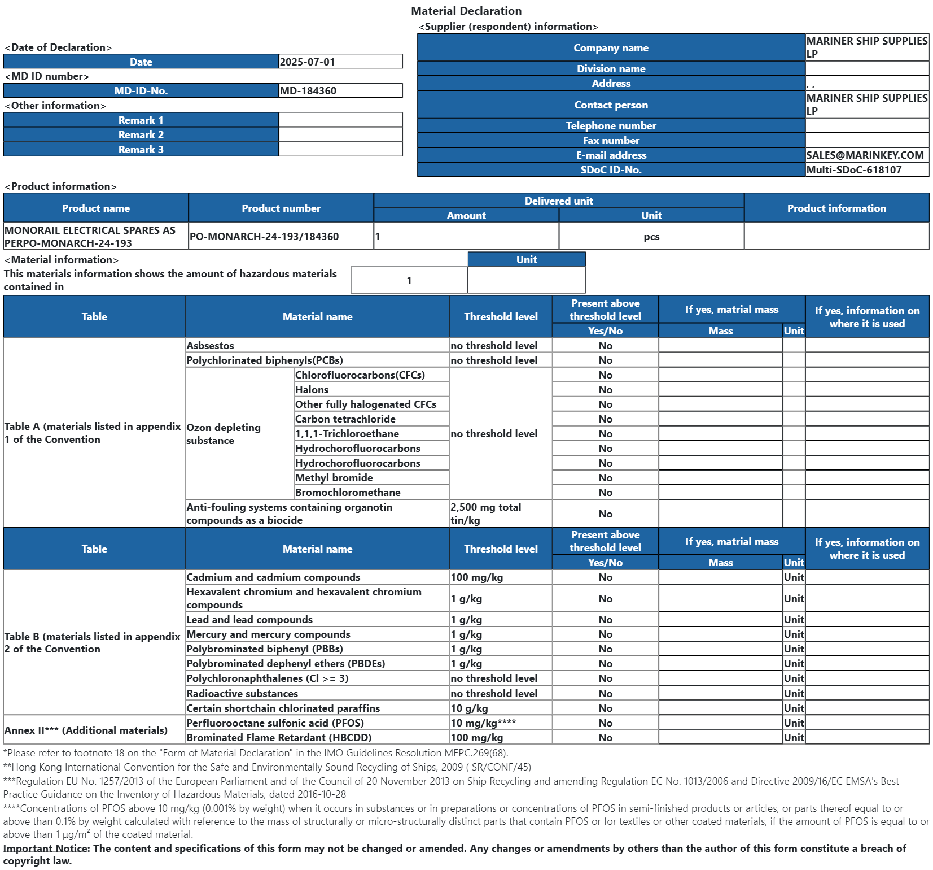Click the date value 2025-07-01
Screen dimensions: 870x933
308,62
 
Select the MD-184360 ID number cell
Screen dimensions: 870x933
308,90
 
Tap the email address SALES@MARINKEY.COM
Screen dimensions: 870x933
865,155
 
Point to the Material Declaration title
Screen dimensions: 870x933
466,11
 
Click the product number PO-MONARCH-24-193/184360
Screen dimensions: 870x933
264,236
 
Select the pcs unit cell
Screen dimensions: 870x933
651,237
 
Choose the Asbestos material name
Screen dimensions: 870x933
210,345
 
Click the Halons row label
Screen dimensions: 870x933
312,389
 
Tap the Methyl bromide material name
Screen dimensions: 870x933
334,477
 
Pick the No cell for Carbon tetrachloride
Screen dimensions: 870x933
605,419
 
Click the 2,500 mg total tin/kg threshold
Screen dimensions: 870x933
486,514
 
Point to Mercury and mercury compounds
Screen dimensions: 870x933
268,634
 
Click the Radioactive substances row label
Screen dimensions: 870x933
242,693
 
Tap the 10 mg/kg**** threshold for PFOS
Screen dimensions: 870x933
483,723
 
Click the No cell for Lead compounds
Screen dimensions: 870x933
605,619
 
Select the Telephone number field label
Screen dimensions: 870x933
611,125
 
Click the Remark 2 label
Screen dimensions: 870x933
141,134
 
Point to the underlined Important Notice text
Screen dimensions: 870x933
46,848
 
